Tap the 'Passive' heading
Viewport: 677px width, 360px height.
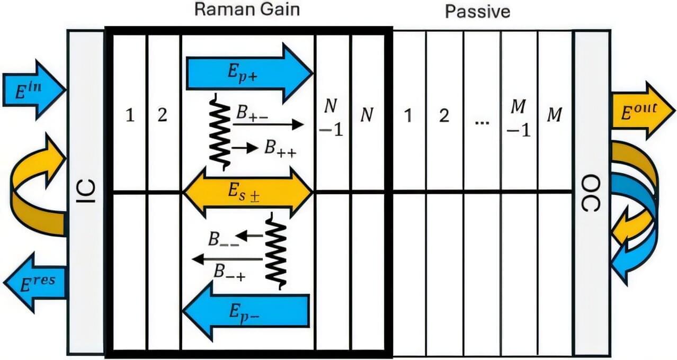click(x=477, y=11)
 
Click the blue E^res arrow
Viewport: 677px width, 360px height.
click(x=36, y=282)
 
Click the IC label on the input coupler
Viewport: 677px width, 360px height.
click(x=86, y=192)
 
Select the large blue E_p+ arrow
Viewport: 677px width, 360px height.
click(x=249, y=73)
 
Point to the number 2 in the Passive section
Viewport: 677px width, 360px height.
click(x=444, y=115)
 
